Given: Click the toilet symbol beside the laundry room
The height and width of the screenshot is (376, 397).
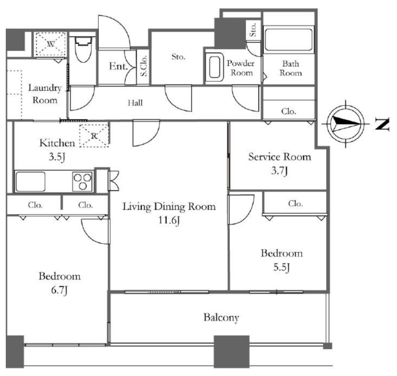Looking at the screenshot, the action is (84, 49).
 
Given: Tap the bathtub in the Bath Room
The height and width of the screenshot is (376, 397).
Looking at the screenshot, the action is (289, 40).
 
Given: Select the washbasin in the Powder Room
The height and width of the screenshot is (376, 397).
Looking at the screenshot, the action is (214, 67).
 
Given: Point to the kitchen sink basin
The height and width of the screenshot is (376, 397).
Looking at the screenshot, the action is (30, 181).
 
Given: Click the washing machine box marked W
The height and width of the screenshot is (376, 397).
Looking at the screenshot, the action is (51, 44).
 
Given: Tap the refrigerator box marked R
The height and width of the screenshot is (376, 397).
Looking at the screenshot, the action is (94, 136).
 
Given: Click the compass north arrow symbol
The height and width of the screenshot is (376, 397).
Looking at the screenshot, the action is (345, 124).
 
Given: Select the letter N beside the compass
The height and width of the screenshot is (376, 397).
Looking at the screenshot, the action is (382, 124).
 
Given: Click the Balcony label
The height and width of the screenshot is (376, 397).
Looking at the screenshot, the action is (221, 317).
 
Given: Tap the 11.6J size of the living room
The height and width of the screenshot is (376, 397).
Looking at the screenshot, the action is (169, 220).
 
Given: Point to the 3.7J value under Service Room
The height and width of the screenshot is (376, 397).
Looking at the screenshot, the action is (280, 171).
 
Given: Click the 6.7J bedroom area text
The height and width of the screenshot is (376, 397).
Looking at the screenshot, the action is (59, 290).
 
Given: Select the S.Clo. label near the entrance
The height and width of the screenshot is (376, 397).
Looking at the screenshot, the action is (143, 66).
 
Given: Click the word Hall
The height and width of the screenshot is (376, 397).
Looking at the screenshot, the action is (135, 103).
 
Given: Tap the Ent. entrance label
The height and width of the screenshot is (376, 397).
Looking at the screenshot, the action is (118, 66).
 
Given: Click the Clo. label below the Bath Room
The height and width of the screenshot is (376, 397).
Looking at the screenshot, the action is (288, 111).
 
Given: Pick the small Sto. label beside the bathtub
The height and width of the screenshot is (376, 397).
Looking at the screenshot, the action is (253, 29).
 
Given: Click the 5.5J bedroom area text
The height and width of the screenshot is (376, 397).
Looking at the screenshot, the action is (281, 267).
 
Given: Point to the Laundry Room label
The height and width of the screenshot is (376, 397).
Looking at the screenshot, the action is (45, 94).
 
